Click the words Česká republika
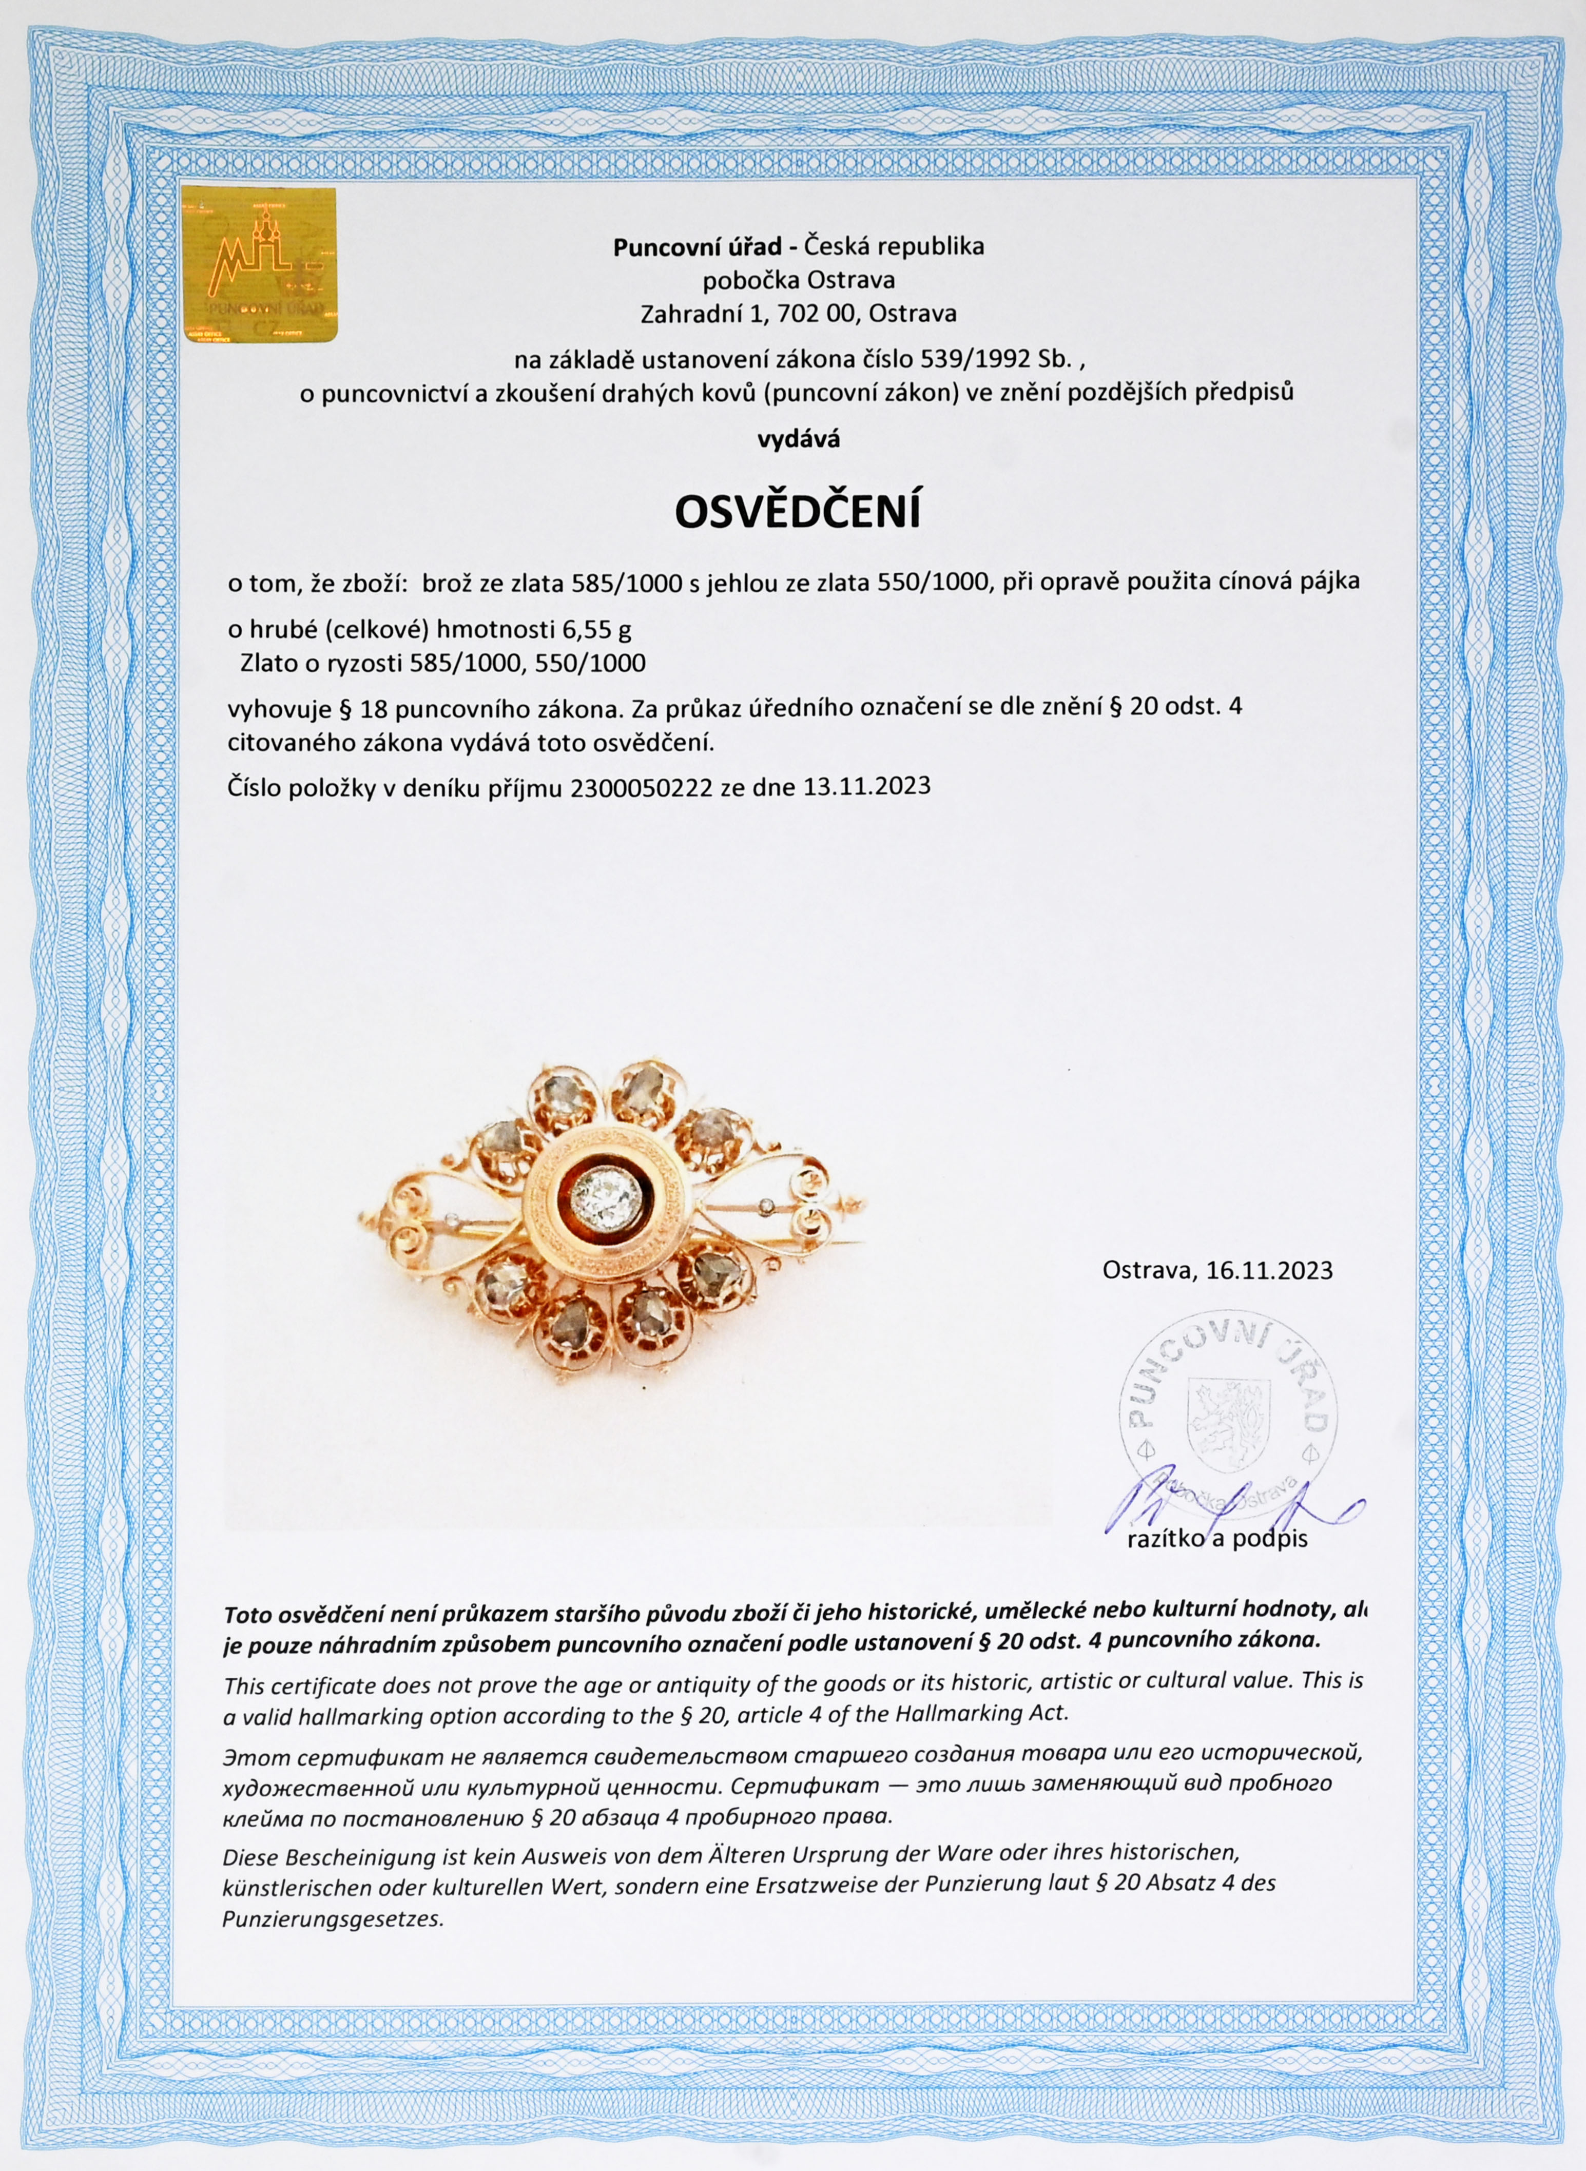pos(894,247)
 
